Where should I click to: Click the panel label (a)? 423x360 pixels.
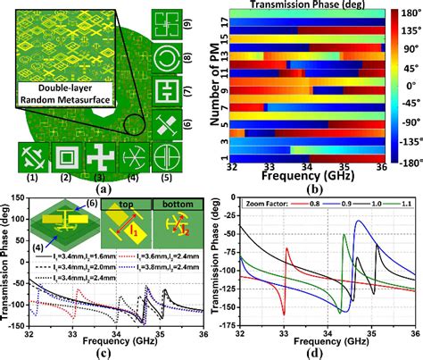(x=104, y=188)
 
